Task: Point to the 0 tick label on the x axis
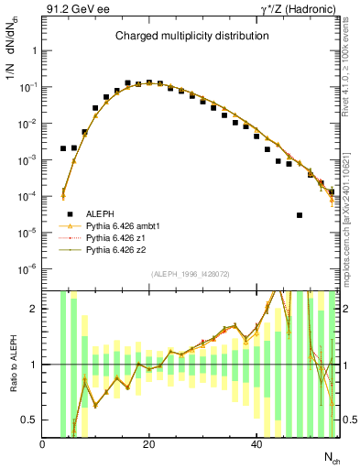click(x=43, y=444)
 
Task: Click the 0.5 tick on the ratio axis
click(x=30, y=420)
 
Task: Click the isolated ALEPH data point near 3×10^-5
click(x=300, y=215)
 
